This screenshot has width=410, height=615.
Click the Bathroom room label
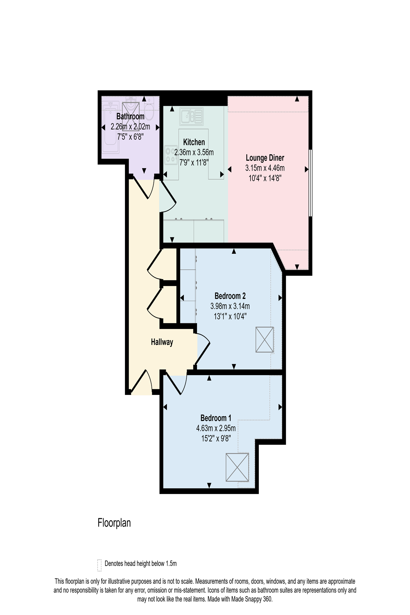point(130,116)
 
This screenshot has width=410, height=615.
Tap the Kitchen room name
point(194,142)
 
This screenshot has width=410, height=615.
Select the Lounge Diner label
point(265,158)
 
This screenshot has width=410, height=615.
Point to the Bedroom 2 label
point(230,296)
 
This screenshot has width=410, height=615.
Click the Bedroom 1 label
point(216,418)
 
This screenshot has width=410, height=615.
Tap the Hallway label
point(162,342)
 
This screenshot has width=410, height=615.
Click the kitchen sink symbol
point(191,116)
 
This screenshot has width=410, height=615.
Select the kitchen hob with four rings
point(171,155)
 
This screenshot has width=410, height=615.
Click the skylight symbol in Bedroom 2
point(265,340)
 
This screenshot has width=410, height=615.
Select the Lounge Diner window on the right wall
point(310,183)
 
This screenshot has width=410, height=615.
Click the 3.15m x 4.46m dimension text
point(265,168)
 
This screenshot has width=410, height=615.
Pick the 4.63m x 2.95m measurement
point(216,428)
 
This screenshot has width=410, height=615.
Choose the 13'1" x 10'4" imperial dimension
point(230,316)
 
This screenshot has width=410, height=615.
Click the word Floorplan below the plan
point(114,523)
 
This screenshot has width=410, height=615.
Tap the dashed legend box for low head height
point(99,565)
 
